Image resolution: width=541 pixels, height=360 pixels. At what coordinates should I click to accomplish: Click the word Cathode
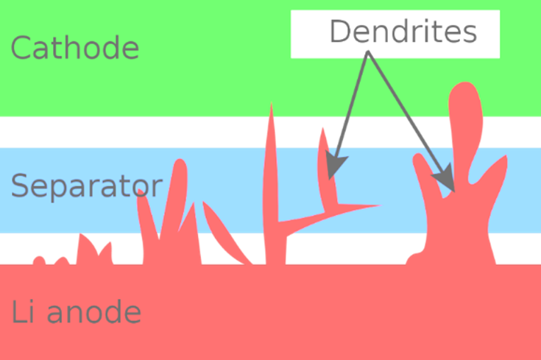74,49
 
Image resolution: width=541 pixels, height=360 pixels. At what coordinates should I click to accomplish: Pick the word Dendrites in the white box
403,32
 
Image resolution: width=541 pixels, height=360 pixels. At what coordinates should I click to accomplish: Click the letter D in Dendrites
340,32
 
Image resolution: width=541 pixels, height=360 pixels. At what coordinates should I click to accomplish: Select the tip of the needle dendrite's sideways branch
378,205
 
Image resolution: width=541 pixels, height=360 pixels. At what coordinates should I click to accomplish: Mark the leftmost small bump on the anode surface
37,260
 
